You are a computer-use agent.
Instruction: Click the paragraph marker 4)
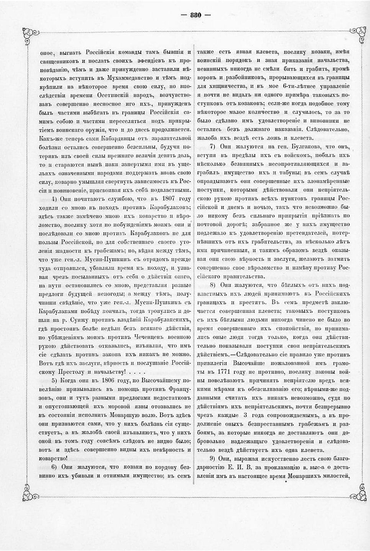(54, 199)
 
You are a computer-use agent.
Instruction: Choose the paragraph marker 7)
(214, 147)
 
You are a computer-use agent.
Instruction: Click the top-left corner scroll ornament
(31, 34)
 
